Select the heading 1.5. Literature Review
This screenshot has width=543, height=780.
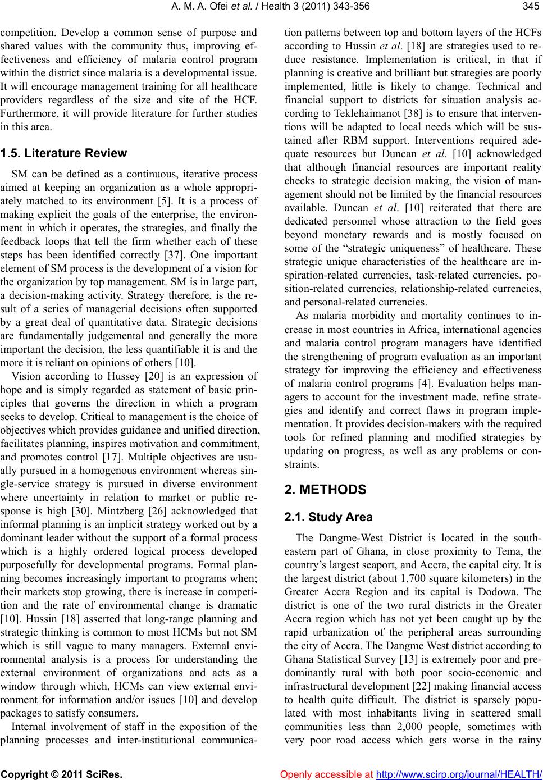tap(64, 153)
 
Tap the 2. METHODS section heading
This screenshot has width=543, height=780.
tap(325, 490)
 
